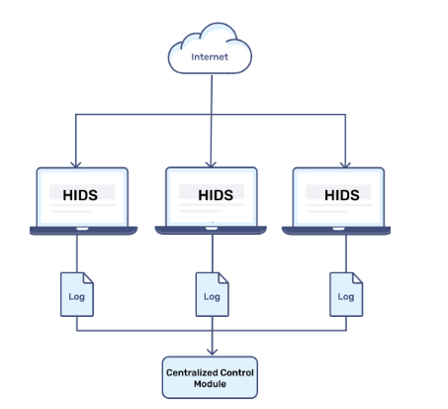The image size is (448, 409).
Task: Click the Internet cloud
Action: pyautogui.click(x=210, y=49)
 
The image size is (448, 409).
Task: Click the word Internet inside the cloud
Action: pyautogui.click(x=210, y=56)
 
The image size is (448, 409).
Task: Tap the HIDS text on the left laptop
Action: pyautogui.click(x=80, y=195)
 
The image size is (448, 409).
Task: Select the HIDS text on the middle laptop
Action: pyautogui.click(x=216, y=195)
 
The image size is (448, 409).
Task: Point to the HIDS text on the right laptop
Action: pyautogui.click(x=342, y=195)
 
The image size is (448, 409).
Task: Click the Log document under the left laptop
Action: pyautogui.click(x=77, y=294)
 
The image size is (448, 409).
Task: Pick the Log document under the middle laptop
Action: pyautogui.click(x=212, y=294)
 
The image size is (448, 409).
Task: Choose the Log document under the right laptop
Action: pyautogui.click(x=346, y=294)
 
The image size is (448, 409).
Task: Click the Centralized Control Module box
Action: pyautogui.click(x=210, y=377)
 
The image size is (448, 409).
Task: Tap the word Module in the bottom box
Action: pyautogui.click(x=210, y=384)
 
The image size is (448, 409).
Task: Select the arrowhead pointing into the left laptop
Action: pyautogui.click(x=76, y=164)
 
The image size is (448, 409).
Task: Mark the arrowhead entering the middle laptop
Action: pyautogui.click(x=211, y=164)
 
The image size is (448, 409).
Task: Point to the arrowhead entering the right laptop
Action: pyautogui.click(x=345, y=164)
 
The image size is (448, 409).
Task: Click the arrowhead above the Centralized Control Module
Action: pyautogui.click(x=212, y=352)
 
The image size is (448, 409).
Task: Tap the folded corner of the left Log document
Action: pyautogui.click(x=88, y=278)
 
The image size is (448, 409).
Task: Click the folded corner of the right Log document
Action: pyautogui.click(x=358, y=278)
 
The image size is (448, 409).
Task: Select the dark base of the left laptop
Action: pyautogui.click(x=83, y=231)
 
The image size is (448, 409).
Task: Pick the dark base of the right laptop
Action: pyautogui.click(x=336, y=231)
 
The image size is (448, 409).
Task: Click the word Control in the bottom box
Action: pyautogui.click(x=236, y=372)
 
